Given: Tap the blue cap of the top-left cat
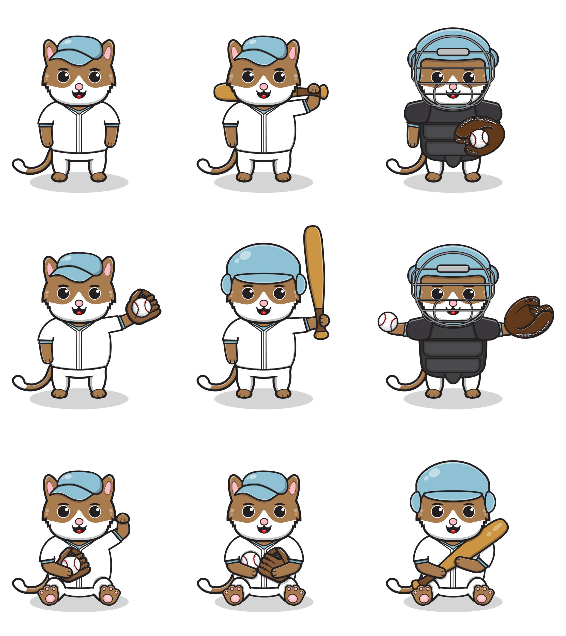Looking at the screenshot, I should click(x=80, y=50).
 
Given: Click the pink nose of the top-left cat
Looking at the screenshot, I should click(x=79, y=87).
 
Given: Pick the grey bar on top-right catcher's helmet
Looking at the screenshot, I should click(x=453, y=52).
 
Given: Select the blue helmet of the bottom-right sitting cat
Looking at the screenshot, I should click(x=453, y=480).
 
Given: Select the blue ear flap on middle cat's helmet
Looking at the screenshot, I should click(x=227, y=284).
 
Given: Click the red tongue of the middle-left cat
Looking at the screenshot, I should click(x=79, y=313).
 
